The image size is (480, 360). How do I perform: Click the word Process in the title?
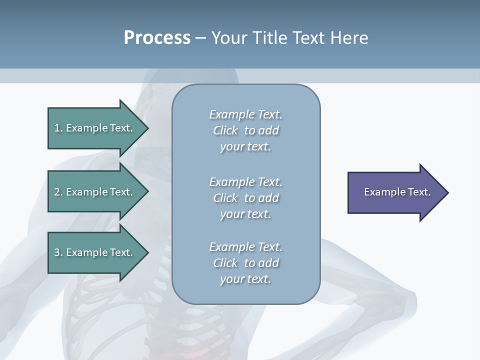pos(157,38)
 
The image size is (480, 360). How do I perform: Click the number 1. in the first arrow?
pos(58,128)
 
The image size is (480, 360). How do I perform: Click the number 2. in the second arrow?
pos(58,192)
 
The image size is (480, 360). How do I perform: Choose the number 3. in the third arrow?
pos(58,252)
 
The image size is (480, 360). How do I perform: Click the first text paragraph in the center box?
pos(245,130)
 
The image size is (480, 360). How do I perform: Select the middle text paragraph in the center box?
pos(245,198)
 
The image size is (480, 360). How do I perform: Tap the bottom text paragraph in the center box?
pos(245,263)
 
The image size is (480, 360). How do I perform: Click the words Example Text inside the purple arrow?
pos(397,192)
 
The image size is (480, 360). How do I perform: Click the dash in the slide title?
pos(201,38)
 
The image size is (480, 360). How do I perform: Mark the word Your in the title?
pos(229,38)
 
